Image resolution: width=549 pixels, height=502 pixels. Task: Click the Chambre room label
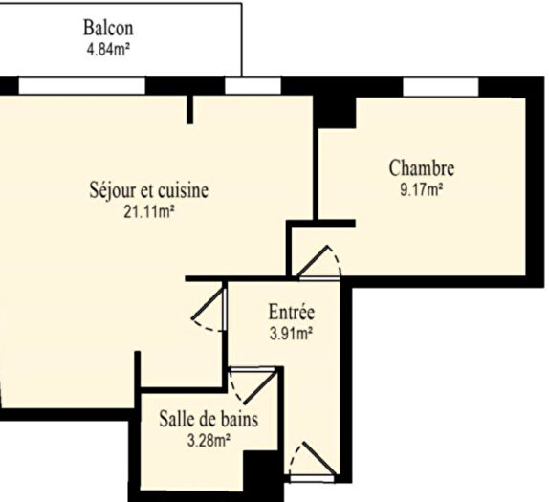tap(421, 168)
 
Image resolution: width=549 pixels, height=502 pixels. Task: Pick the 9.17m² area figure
tap(421, 189)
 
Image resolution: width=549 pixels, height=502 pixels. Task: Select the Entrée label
tap(291, 313)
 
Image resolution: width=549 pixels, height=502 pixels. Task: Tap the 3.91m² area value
tap(291, 334)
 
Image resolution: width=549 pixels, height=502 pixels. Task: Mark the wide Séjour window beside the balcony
tap(82, 86)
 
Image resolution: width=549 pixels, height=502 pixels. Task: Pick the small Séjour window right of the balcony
tap(253, 86)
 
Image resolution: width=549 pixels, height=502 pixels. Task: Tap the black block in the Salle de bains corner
tap(259, 472)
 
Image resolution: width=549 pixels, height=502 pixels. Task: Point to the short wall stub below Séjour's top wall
tap(190, 109)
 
